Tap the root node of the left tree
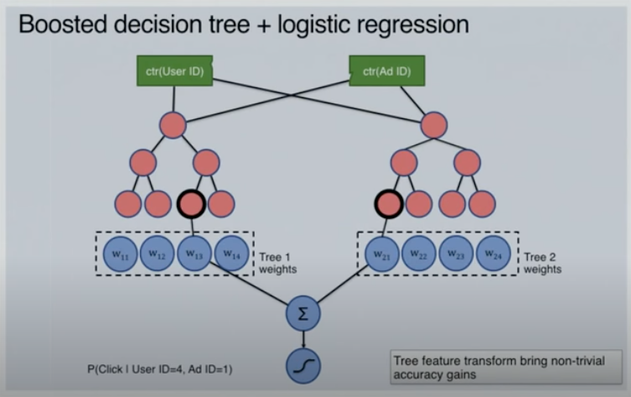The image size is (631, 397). point(173,125)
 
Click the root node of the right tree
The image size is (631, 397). point(433,125)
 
